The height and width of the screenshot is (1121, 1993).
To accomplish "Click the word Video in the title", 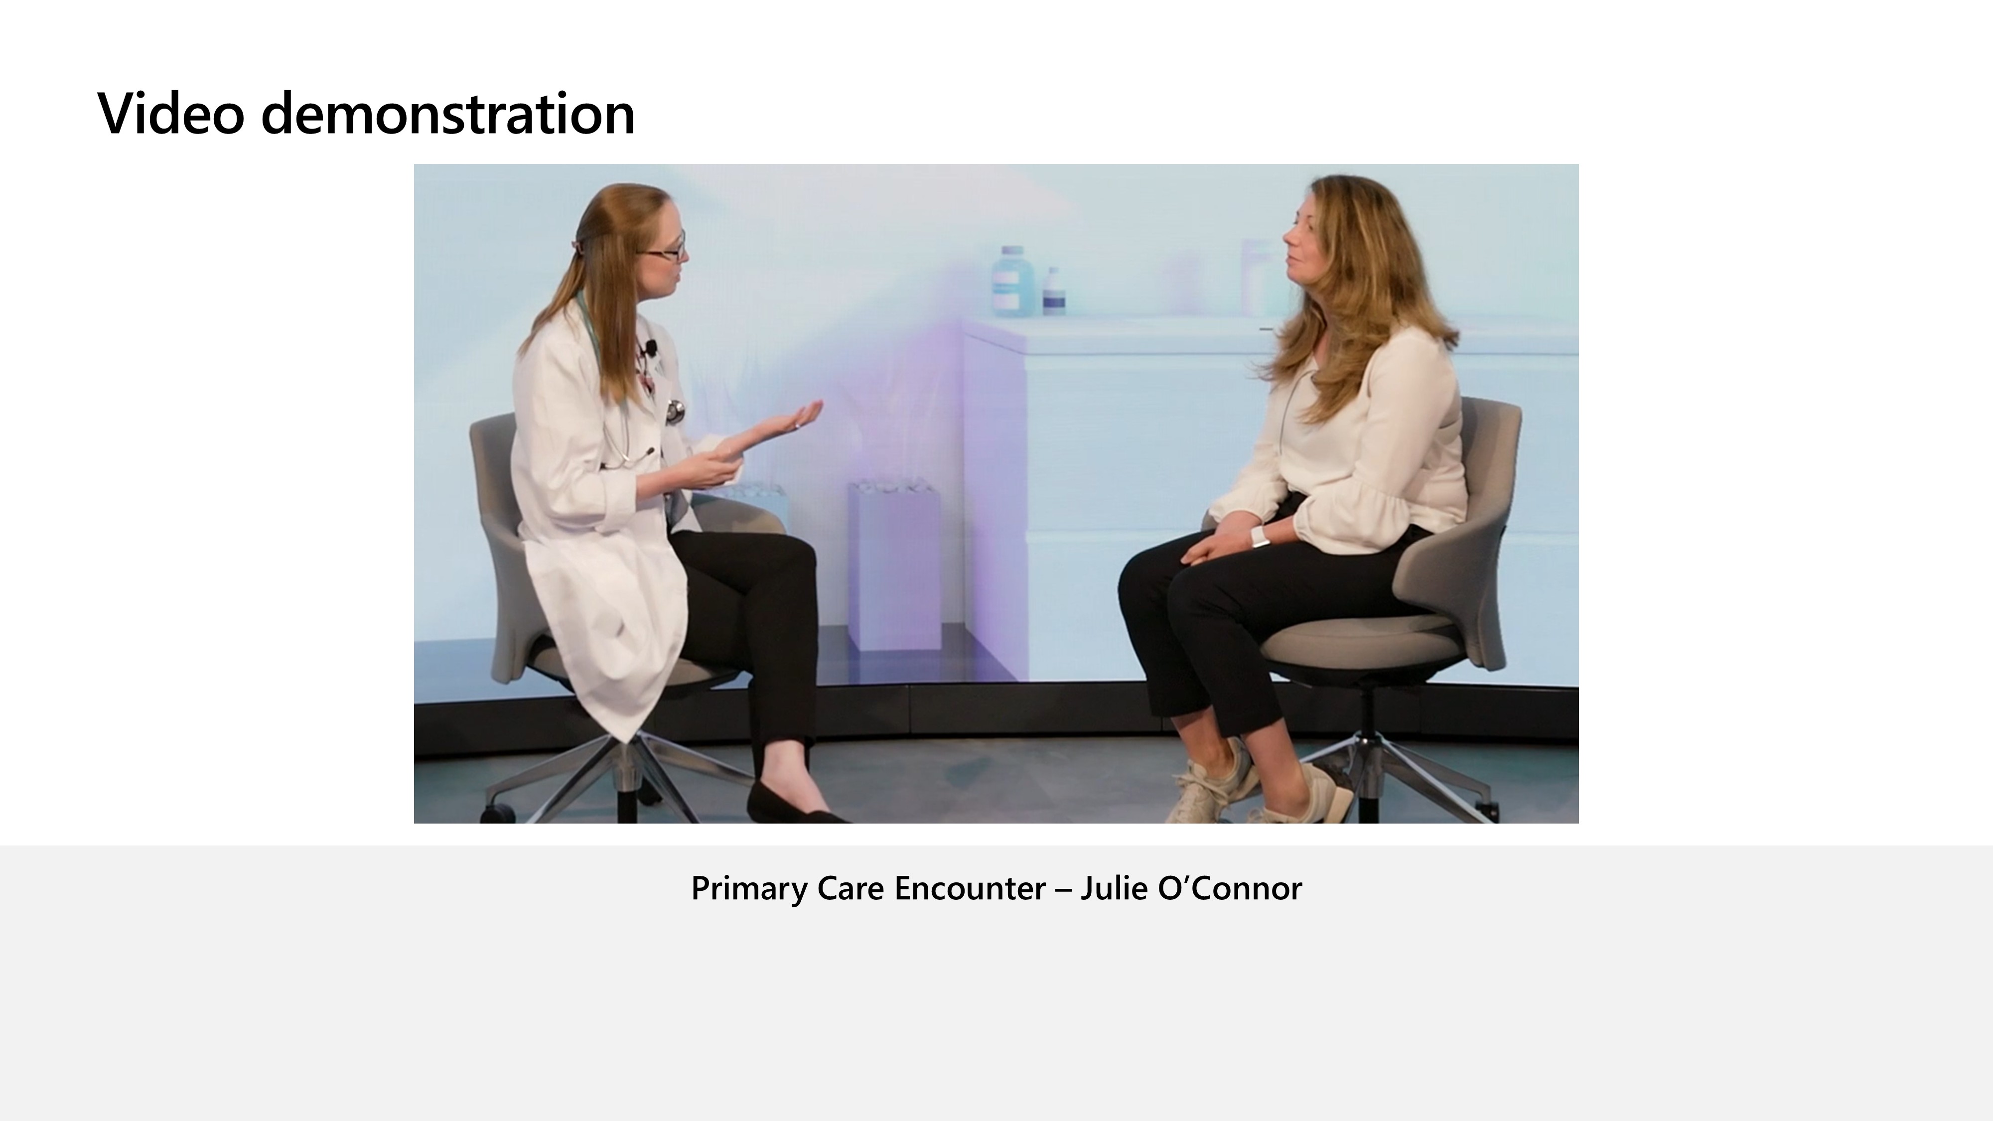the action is coord(171,113).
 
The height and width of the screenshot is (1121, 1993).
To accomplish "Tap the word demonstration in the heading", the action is coord(448,113).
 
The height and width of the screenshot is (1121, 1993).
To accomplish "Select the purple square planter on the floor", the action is coord(894,565).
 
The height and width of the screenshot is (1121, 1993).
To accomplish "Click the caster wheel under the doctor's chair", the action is coord(498,813).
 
